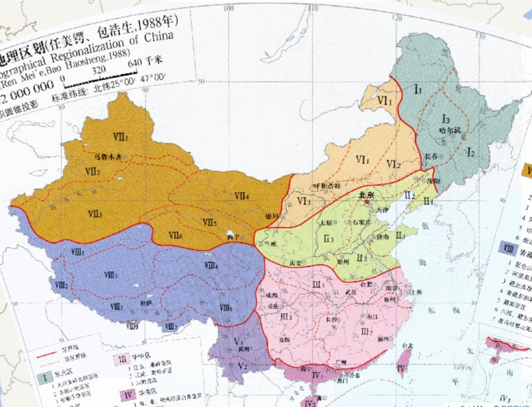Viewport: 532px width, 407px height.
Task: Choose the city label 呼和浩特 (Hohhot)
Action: [x=325, y=186]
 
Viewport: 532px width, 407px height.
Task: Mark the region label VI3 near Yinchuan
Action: [x=303, y=202]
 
